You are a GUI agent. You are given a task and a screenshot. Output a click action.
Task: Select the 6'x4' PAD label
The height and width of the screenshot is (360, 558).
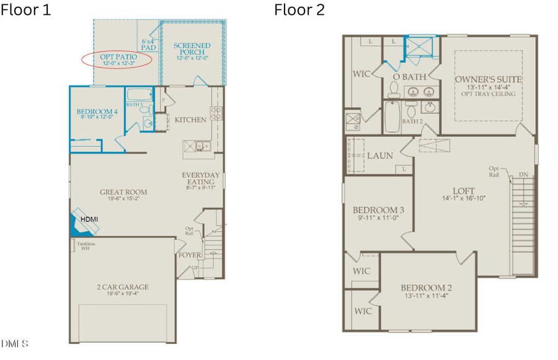point(148,42)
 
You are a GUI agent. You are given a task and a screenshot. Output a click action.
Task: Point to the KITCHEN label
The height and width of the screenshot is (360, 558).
point(190,120)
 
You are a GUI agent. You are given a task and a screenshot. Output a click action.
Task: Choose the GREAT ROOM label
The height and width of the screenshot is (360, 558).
point(123,193)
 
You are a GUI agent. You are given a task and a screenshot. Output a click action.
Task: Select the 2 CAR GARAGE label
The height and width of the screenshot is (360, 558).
point(123,287)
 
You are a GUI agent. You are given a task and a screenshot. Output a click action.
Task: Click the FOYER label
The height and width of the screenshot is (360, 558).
point(189,255)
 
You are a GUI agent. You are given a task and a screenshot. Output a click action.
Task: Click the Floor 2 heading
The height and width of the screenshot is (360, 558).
point(299,10)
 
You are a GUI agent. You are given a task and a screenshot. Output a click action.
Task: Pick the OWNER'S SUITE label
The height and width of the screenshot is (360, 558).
point(488,80)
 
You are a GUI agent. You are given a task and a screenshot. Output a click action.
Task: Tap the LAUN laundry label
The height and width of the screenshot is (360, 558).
point(379,156)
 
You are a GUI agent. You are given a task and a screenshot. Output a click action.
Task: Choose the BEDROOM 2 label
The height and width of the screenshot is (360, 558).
point(427,288)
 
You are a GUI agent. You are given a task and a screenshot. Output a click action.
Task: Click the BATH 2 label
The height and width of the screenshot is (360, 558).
point(412,121)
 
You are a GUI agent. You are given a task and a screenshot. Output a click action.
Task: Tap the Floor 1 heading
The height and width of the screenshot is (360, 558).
point(25,10)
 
